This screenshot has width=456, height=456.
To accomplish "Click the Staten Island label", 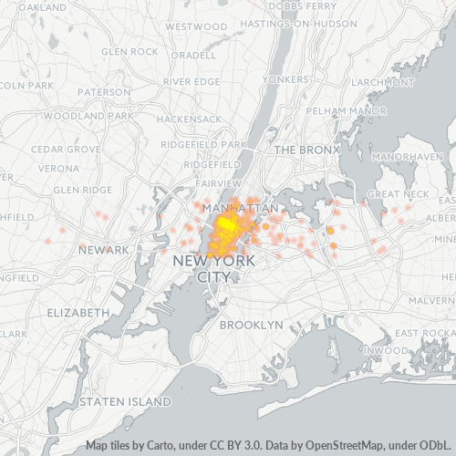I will pos(125,400).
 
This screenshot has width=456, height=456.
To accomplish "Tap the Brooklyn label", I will pos(252,325).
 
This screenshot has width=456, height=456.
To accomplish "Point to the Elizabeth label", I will pos(78,312).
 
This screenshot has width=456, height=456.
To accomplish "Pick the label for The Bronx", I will pos(306,149).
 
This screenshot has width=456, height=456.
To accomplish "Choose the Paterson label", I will pos(103,92).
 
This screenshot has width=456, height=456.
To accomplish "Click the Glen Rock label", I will pos(130,52).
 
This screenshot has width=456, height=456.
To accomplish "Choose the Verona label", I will pos(58,169).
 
